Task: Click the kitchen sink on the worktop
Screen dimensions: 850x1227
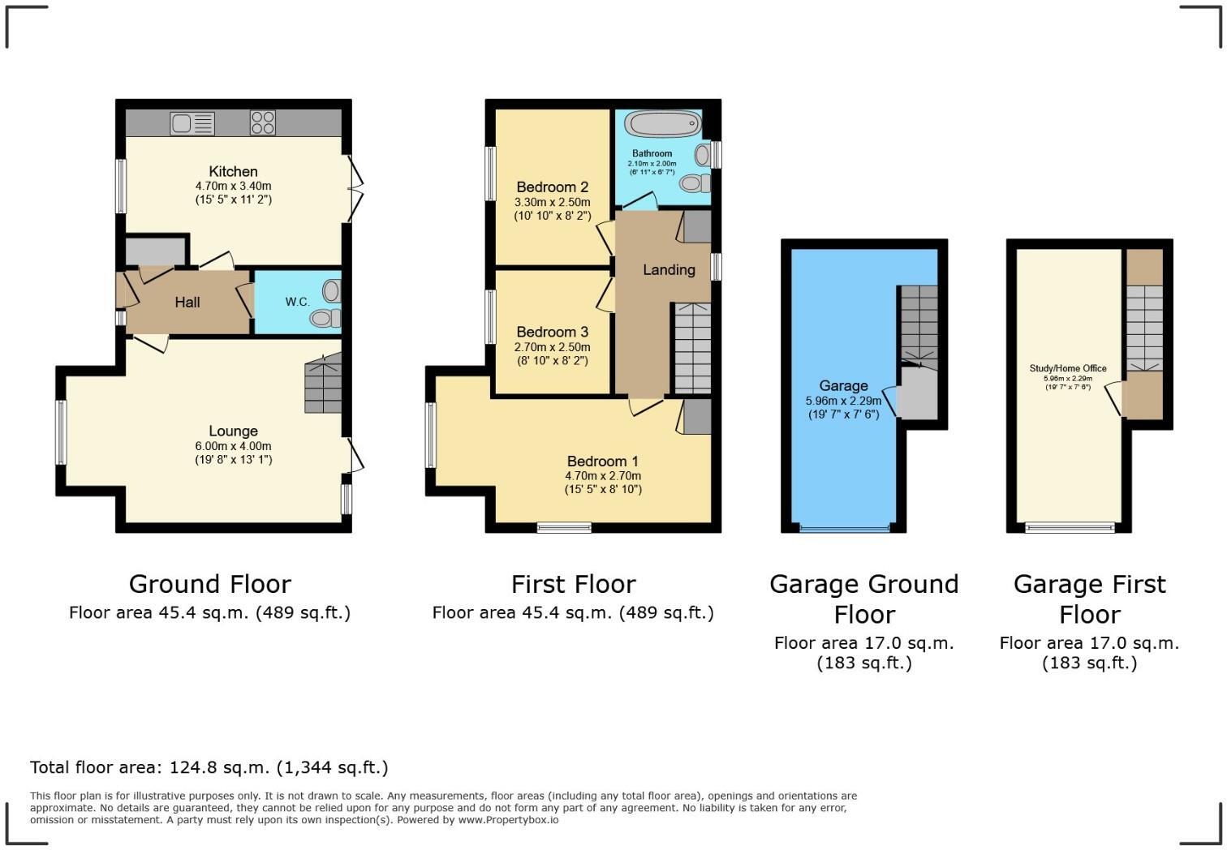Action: (192, 123)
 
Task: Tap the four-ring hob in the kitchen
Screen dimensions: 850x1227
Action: (262, 122)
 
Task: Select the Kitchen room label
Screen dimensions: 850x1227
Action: (233, 171)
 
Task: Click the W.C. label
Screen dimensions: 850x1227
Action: (297, 302)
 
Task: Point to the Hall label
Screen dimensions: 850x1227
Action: (187, 302)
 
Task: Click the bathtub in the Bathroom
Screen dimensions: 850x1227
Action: (662, 125)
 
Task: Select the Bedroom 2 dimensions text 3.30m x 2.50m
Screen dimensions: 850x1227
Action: (552, 202)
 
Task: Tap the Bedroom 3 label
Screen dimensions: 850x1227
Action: (552, 332)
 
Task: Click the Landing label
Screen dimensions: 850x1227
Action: (669, 269)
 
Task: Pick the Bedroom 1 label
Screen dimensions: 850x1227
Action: (602, 461)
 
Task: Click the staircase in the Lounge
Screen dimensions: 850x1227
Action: (322, 388)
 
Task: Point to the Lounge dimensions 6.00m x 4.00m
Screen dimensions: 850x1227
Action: (233, 446)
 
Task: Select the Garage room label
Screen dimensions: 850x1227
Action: (843, 385)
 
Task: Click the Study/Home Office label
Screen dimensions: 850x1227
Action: (1067, 368)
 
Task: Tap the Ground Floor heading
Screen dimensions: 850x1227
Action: (209, 584)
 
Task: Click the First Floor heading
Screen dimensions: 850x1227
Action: (573, 584)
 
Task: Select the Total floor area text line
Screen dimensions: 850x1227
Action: (209, 767)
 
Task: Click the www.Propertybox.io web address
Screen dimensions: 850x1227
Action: (508, 820)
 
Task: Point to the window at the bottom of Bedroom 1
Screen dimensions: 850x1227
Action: (564, 528)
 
